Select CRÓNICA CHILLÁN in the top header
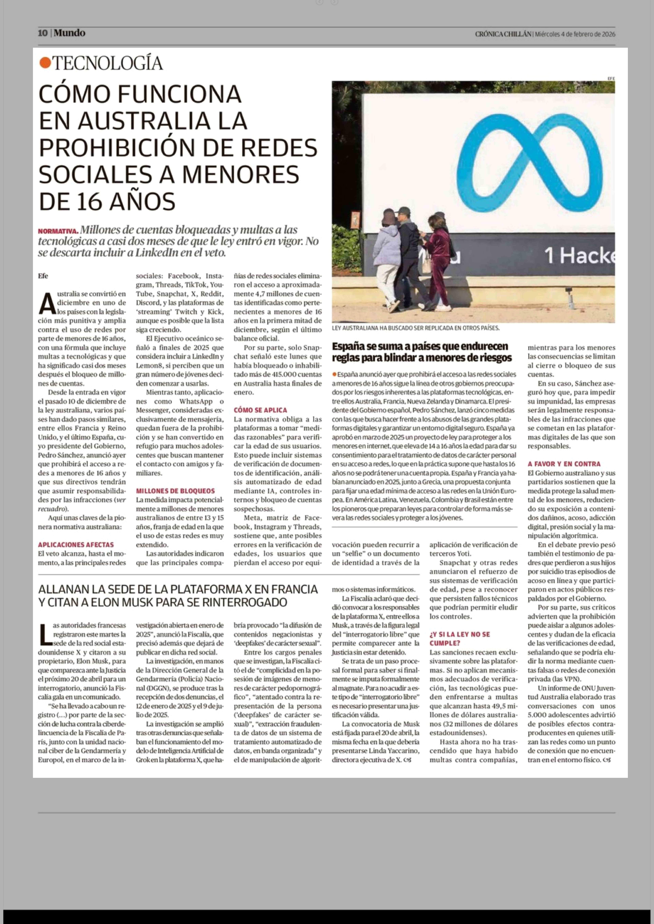tap(503, 34)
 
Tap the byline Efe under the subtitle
tap(43, 276)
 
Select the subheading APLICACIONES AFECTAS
tap(76, 545)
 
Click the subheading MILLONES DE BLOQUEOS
tap(175, 491)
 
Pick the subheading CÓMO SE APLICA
tap(260, 410)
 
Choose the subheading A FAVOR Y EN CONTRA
tap(564, 464)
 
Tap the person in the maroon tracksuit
tap(438, 258)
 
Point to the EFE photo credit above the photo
tap(611, 78)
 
